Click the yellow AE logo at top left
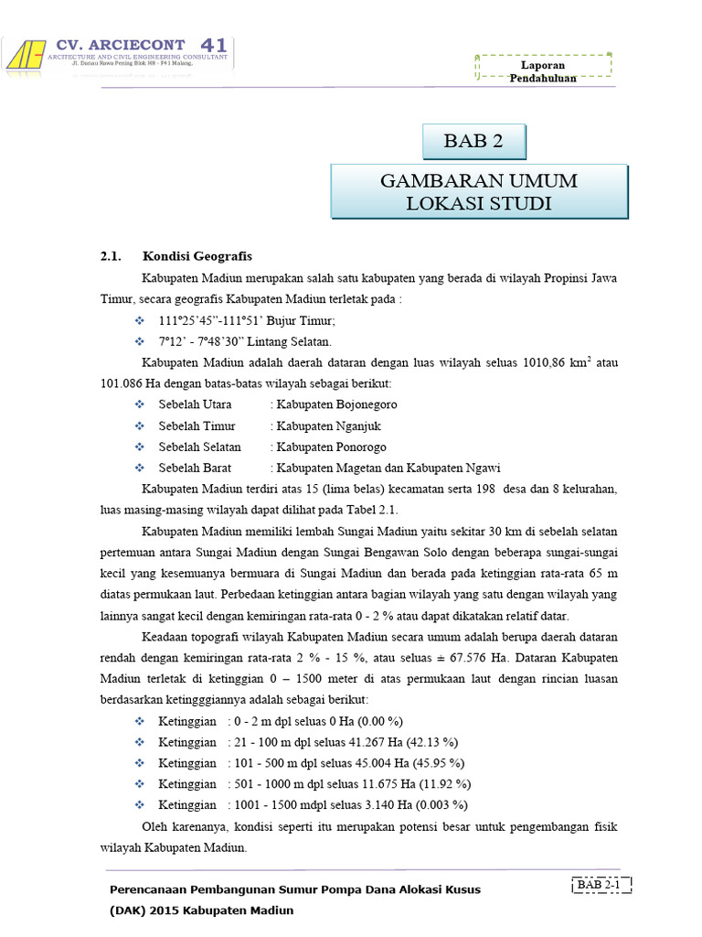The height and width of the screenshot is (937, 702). (x=27, y=56)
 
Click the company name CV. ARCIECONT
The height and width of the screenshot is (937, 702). (x=121, y=44)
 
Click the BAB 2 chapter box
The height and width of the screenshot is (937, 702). (x=473, y=141)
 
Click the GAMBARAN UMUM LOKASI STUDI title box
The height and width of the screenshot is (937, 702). (x=478, y=192)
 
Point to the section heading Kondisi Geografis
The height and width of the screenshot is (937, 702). (x=197, y=255)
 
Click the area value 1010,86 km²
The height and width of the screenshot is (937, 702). (x=557, y=363)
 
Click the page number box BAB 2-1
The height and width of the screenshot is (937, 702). (x=601, y=885)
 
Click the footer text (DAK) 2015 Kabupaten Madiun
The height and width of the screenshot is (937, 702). (x=202, y=911)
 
